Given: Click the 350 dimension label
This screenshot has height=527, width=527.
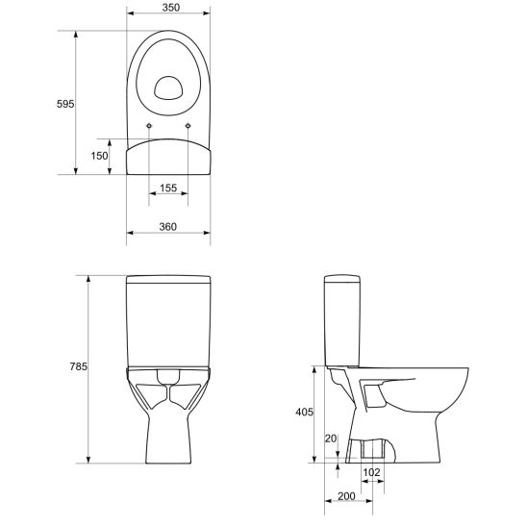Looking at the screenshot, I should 168,8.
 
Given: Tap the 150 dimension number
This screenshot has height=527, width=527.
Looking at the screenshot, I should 99,156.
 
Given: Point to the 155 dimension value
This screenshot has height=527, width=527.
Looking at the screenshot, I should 168,189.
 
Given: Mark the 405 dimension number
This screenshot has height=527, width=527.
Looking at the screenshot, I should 304,412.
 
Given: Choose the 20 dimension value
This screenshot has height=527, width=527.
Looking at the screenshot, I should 331,439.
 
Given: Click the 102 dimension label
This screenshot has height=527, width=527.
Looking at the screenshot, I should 372,472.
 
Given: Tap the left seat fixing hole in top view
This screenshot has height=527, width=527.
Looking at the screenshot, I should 150,127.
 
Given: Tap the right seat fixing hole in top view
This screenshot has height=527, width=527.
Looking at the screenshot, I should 188,127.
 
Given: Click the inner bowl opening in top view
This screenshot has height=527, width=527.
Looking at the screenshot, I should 168,88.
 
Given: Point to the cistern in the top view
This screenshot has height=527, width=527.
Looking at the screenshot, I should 168,157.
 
